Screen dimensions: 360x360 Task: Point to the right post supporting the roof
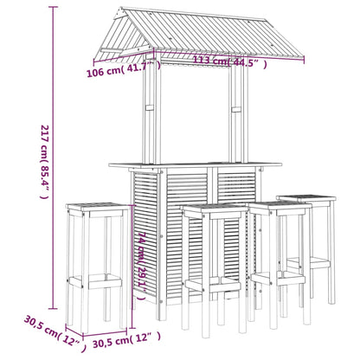235,121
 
